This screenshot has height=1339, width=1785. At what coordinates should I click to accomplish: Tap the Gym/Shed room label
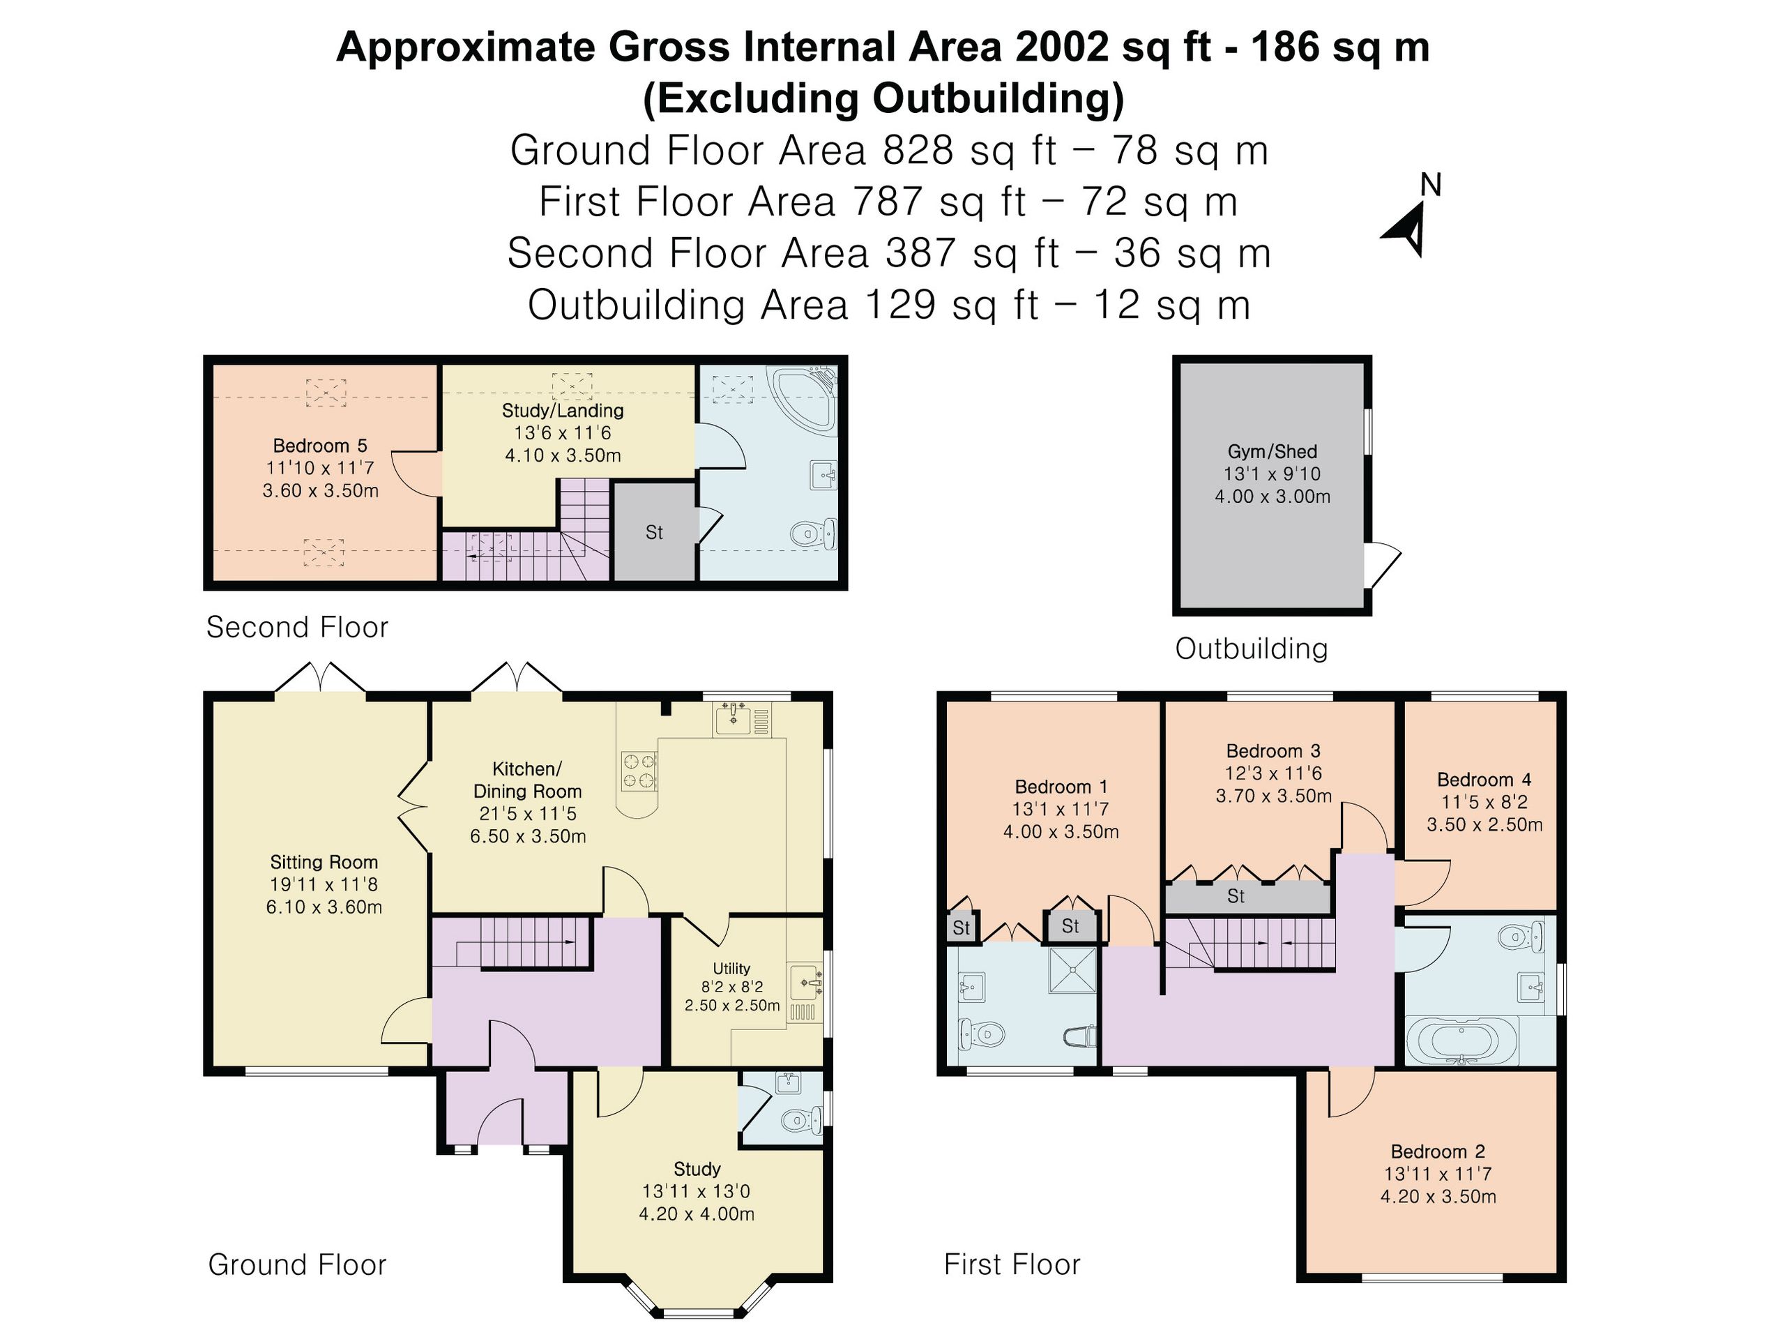[x=1273, y=452]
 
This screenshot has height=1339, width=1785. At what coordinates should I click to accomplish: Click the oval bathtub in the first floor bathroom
[x=1461, y=1041]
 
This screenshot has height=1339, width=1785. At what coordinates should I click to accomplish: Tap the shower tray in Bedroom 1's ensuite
[x=1072, y=970]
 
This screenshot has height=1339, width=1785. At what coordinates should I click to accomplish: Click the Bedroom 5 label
[x=320, y=446]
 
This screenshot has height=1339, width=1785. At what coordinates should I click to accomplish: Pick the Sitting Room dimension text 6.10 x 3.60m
[x=324, y=907]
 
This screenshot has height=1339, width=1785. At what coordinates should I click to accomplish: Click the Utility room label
[x=732, y=969]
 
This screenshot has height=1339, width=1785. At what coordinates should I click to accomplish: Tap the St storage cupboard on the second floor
[x=655, y=531]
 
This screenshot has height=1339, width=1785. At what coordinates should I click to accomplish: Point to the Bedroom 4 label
[x=1484, y=780]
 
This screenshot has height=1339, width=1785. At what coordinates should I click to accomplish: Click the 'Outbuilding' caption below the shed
[x=1252, y=649]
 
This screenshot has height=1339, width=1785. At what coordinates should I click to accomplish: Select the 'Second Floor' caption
[x=298, y=627]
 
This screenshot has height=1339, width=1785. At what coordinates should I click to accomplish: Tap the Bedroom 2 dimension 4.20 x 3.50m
[x=1438, y=1197]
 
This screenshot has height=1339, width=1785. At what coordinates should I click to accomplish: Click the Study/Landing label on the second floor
[x=563, y=411]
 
